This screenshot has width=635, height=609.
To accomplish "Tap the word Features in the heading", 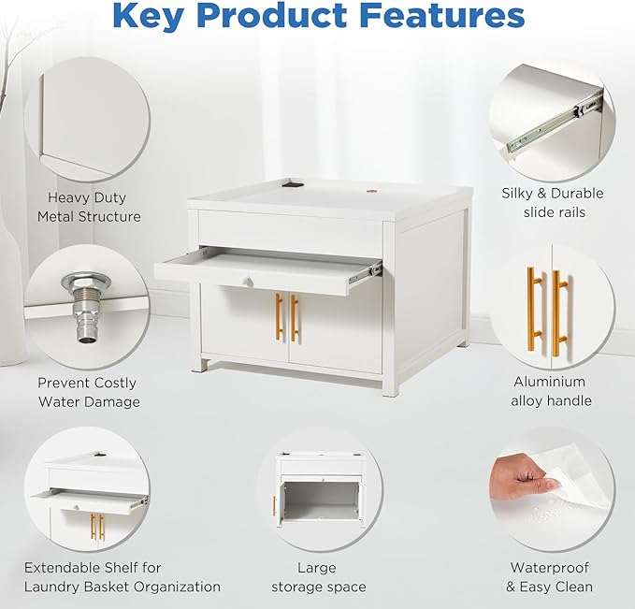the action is click(x=442, y=16).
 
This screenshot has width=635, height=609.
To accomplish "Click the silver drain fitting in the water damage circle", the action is click(x=86, y=308).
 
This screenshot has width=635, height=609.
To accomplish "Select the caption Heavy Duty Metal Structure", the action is click(x=89, y=207).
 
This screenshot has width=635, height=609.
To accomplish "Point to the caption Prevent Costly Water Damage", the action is click(x=89, y=392).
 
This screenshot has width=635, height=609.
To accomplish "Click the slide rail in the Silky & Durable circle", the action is click(x=556, y=121).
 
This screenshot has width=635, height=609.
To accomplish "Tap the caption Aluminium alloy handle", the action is click(x=551, y=391).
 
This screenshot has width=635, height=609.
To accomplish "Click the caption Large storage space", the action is click(x=318, y=577).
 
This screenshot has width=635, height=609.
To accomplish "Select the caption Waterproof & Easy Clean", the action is click(x=550, y=577).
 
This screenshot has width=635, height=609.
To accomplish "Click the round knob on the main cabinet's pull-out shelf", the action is click(x=248, y=282).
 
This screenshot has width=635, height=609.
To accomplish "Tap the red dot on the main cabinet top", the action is click(x=372, y=191).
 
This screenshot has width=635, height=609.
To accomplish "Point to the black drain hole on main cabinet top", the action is click(x=293, y=184).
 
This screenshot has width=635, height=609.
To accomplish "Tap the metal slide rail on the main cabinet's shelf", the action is click(x=366, y=272).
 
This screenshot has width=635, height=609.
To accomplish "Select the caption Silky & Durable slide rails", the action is click(x=553, y=203).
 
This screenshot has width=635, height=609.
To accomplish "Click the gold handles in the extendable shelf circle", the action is click(x=97, y=527).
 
